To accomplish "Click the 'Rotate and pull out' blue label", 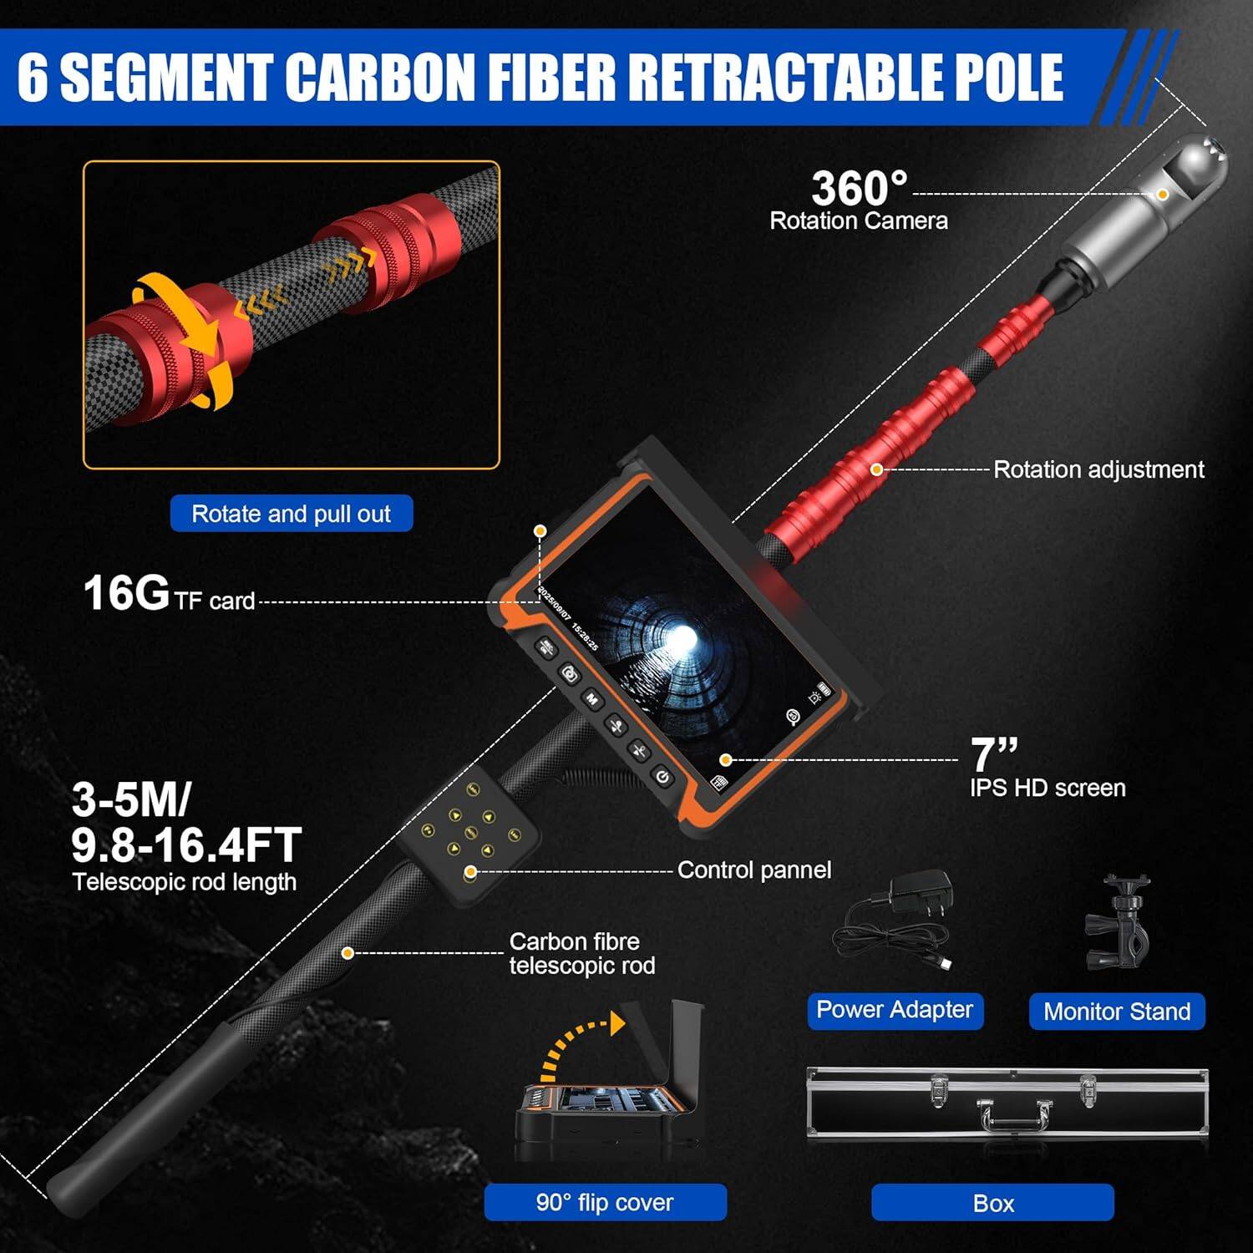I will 291,514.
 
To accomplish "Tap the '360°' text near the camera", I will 859,188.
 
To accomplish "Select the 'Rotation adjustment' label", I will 1098,469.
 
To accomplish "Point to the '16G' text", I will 126,593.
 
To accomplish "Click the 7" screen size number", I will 993,754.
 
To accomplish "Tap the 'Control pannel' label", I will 753,870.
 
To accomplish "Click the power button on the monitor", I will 662,778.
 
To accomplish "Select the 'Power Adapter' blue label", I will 895,1010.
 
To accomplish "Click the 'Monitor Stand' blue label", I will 1117,1012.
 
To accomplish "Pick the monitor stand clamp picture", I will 1120,923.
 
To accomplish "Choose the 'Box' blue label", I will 992,1203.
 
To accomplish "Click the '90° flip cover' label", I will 605,1203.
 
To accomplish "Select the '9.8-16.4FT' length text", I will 186,845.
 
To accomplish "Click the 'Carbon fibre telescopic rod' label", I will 581,953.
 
